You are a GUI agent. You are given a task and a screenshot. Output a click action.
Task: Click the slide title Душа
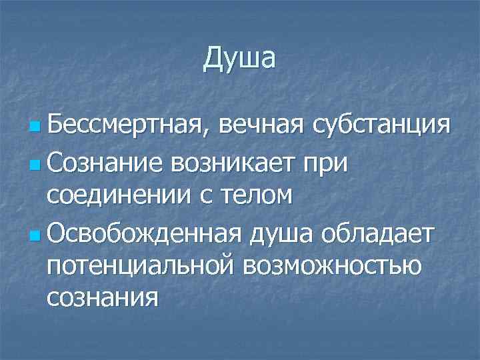click(x=239, y=59)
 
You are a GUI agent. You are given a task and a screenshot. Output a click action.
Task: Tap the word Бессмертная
click(x=128, y=124)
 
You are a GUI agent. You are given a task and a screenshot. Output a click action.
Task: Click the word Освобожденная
click(x=148, y=234)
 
